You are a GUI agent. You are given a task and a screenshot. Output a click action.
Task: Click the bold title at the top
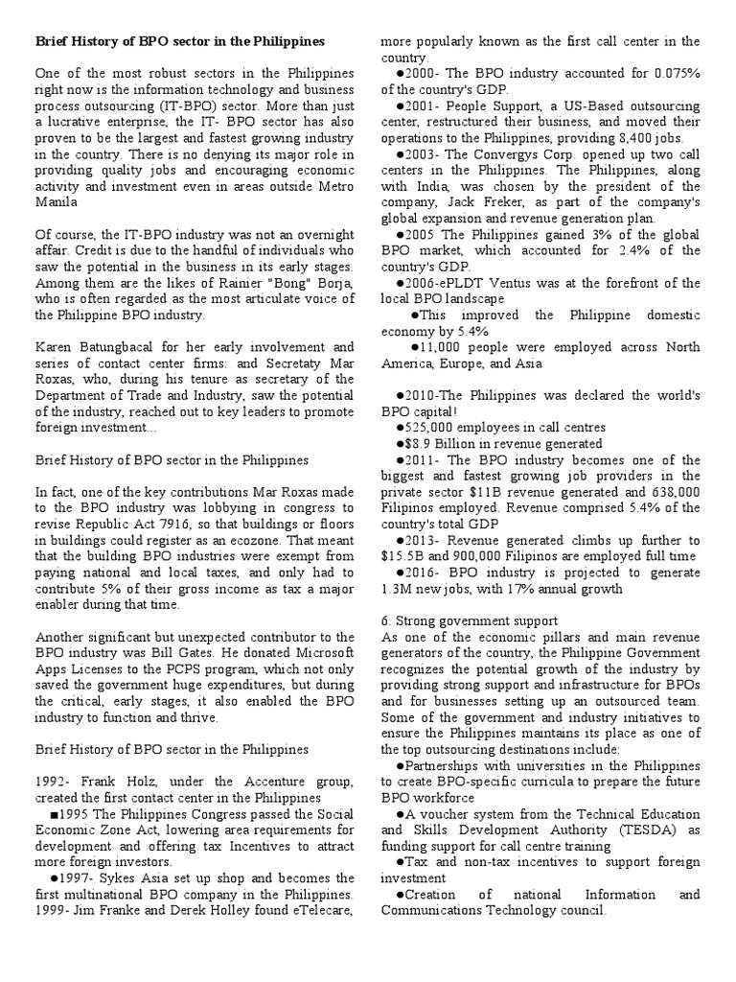(x=180, y=42)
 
